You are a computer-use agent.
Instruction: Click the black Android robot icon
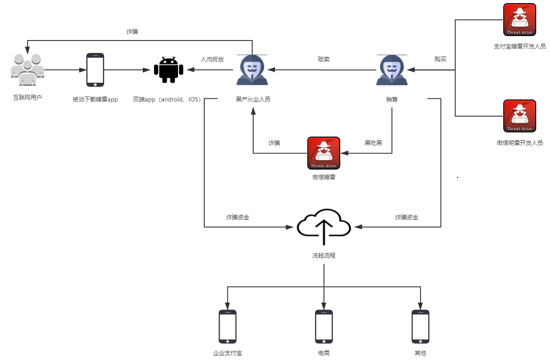[168, 70]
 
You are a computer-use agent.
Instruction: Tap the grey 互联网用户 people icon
[28, 70]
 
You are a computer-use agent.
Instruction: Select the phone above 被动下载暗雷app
[95, 70]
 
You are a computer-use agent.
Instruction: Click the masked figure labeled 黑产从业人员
[252, 70]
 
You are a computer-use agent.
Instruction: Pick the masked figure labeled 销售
[392, 70]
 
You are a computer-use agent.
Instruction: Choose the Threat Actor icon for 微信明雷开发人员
[519, 116]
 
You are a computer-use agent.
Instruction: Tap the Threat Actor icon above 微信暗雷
[324, 153]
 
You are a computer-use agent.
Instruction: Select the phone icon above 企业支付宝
[227, 327]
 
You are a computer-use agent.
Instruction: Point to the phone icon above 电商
[324, 327]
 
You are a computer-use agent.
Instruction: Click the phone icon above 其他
[420, 327]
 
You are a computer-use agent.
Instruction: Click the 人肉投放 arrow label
[212, 59]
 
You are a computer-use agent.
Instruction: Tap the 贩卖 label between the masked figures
[324, 59]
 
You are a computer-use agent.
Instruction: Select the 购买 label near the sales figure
[441, 59]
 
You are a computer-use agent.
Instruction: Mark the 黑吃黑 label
[373, 143]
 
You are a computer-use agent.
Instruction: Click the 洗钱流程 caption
[324, 256]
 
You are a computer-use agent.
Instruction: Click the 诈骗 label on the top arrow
[132, 32]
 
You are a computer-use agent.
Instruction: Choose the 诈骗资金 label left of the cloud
[238, 218]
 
